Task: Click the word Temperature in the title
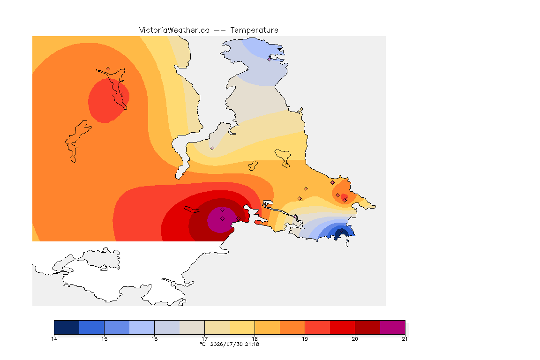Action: [254, 30]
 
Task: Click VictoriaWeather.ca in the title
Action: [174, 30]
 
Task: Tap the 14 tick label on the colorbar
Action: [54, 339]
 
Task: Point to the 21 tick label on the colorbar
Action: [405, 339]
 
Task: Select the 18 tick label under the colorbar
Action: [255, 339]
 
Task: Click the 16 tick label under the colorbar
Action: [155, 339]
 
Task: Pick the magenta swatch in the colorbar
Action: [393, 327]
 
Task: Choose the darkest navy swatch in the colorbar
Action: [67, 327]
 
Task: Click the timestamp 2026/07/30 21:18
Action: [234, 344]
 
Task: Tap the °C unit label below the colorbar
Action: [203, 344]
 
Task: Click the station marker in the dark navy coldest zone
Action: [341, 231]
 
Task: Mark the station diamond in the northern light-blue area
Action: [270, 59]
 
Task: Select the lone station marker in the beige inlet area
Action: [212, 149]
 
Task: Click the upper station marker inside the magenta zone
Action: [223, 210]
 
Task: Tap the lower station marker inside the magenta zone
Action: [223, 219]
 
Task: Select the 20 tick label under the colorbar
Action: [355, 339]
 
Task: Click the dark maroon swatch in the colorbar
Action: [367, 327]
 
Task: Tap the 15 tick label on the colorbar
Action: [105, 339]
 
